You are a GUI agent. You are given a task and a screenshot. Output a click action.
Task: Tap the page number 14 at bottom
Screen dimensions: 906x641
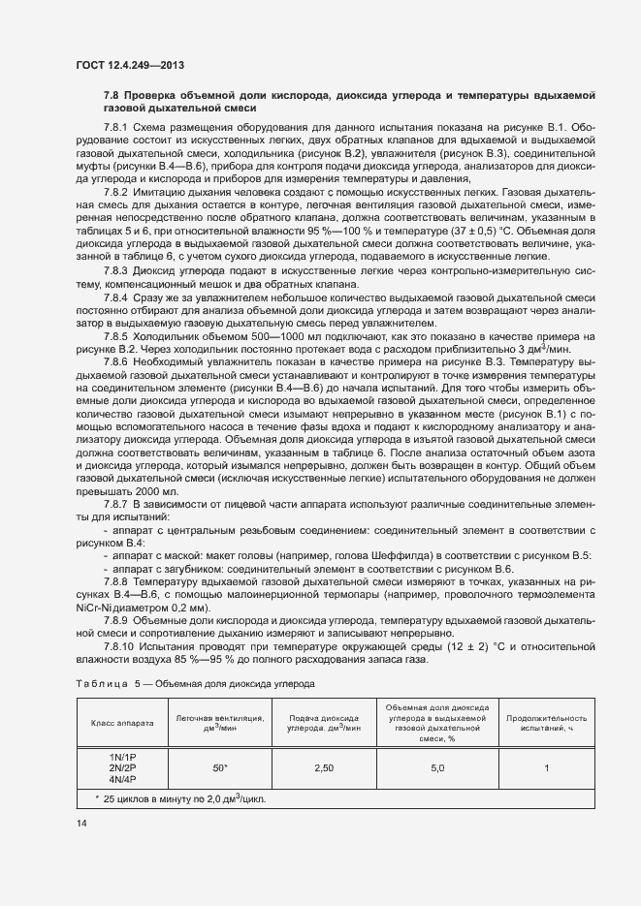[81, 823]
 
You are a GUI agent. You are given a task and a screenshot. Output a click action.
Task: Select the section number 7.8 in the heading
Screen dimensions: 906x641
[112, 95]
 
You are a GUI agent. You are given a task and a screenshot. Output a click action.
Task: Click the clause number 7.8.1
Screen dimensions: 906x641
[115, 128]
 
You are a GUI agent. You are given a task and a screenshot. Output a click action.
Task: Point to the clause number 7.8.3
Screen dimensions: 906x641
[115, 271]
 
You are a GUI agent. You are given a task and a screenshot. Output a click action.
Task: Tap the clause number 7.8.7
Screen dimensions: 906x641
[115, 505]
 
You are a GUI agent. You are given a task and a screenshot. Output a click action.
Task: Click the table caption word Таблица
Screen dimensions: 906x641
[101, 685]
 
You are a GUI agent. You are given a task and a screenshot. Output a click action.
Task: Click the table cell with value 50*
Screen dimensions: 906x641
[220, 767]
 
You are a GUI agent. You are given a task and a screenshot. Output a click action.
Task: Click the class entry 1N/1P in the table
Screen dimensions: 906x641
[122, 756]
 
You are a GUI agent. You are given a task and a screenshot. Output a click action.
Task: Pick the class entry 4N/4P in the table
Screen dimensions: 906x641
[122, 779]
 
